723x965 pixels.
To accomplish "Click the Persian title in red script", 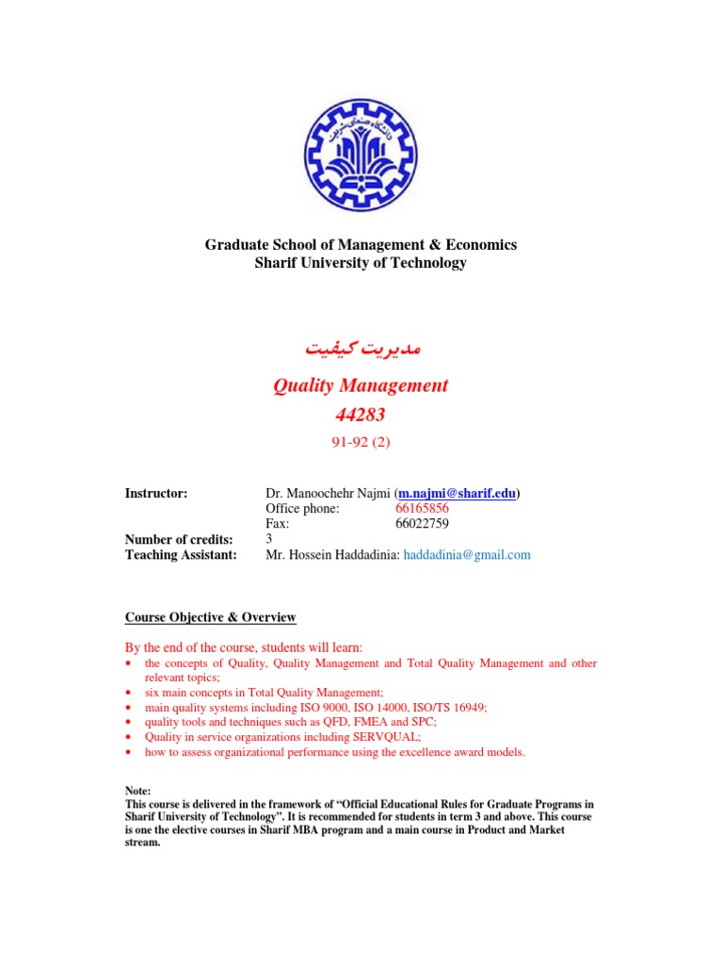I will [361, 348].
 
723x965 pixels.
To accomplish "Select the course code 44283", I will [361, 414].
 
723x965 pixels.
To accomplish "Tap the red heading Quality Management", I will [361, 385].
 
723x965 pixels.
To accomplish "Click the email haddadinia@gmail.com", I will [467, 555].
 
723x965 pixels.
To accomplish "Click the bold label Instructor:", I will [156, 493].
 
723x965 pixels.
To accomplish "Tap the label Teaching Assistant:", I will [180, 555].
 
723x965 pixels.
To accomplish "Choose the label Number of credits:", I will [179, 539].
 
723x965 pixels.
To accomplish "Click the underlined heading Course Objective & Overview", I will [211, 617].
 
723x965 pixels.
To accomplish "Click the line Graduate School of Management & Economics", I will [361, 245].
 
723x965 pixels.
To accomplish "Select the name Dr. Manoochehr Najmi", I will [329, 493].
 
